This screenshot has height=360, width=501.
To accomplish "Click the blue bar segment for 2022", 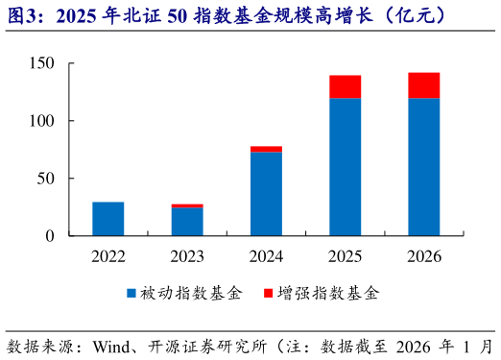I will pos(108,219).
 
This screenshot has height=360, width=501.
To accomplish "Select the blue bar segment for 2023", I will pos(187,222).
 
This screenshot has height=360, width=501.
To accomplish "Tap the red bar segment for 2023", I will pos(187,205).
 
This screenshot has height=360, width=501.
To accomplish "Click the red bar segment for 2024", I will pos(266,149).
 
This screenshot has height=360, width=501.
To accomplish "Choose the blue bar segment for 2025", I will pos(345,167).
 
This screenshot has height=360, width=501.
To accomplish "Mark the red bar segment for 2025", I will pos(345,86).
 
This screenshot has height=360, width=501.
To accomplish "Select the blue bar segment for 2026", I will pos(423,167).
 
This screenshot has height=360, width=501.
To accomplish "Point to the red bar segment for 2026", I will pos(423,85).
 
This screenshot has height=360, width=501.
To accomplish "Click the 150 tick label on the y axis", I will pos(54,63).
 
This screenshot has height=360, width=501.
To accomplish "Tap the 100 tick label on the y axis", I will pos(54,121).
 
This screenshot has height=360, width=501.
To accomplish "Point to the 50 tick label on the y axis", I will pos(58,179).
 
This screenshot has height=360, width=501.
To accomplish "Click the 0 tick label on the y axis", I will pos(62,236).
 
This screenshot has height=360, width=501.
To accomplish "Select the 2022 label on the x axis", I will pos(108,255).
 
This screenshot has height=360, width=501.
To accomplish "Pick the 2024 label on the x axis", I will pos(266,255).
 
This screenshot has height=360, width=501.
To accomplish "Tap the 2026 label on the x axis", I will pos(423,255).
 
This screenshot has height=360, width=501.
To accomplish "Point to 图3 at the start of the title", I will pos(21,16).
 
